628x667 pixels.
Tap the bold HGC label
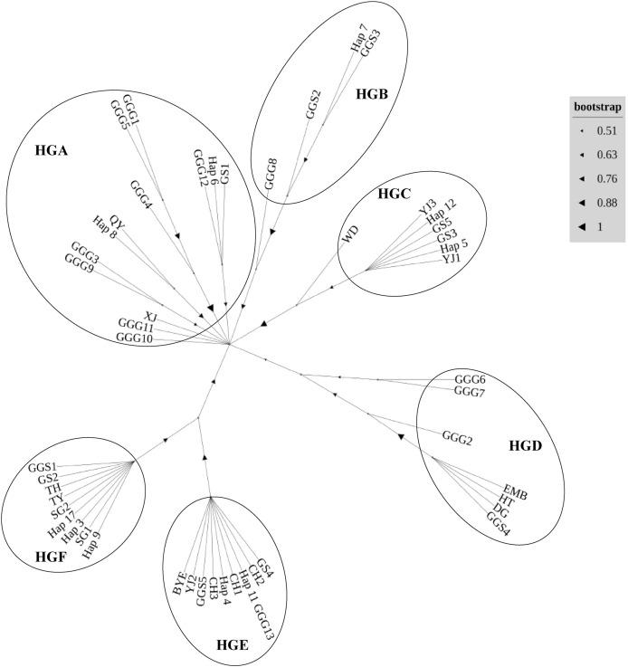pos(395,194)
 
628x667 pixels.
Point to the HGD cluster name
pos(526,446)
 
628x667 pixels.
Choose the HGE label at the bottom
pos(233,643)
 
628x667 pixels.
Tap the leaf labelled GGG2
pos(458,438)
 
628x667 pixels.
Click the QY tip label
pos(117,220)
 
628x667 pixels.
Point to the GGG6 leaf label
pos(471,378)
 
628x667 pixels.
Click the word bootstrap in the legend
pos(598,108)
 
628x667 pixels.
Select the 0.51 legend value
pos(606,131)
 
